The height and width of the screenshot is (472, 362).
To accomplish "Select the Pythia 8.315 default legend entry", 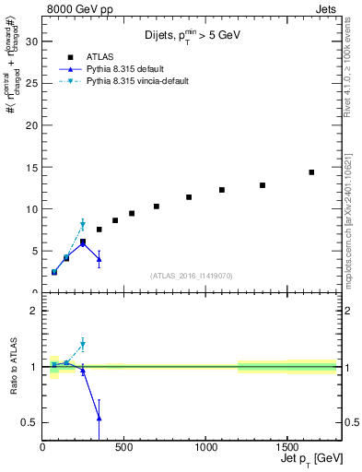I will (130, 69).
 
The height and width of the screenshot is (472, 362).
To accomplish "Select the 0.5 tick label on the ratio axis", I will (29, 422).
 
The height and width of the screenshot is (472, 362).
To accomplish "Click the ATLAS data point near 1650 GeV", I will (311, 172).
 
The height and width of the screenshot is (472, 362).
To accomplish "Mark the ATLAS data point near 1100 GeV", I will (222, 190).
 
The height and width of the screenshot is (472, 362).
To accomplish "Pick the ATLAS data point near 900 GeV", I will (189, 197).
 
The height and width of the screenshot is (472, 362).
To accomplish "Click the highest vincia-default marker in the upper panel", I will (83, 225).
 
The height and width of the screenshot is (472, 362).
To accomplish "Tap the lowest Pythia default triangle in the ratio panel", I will (99, 418).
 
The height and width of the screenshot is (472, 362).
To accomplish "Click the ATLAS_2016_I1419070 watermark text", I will (191, 275).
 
